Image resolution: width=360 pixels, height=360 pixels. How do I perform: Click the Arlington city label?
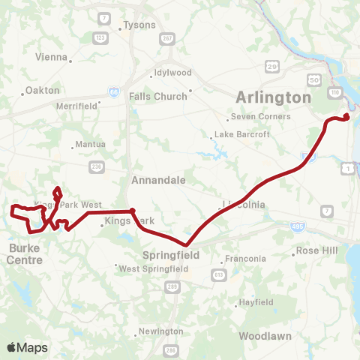(x=273, y=97)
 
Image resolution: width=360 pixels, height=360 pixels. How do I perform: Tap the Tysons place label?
(x=139, y=25)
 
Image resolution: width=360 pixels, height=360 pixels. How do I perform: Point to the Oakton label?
(x=42, y=90)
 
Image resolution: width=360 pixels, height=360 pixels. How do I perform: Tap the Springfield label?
(x=177, y=255)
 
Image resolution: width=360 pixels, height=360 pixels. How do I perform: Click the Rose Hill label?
(x=314, y=250)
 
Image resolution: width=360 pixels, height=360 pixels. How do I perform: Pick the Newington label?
(x=160, y=331)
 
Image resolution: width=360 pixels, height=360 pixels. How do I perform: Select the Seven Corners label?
(x=261, y=116)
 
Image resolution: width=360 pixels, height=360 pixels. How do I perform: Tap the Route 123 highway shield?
(x=100, y=37)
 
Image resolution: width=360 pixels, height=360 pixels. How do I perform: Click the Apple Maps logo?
(x=27, y=347)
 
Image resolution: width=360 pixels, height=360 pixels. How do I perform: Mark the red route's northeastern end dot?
(x=347, y=115)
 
